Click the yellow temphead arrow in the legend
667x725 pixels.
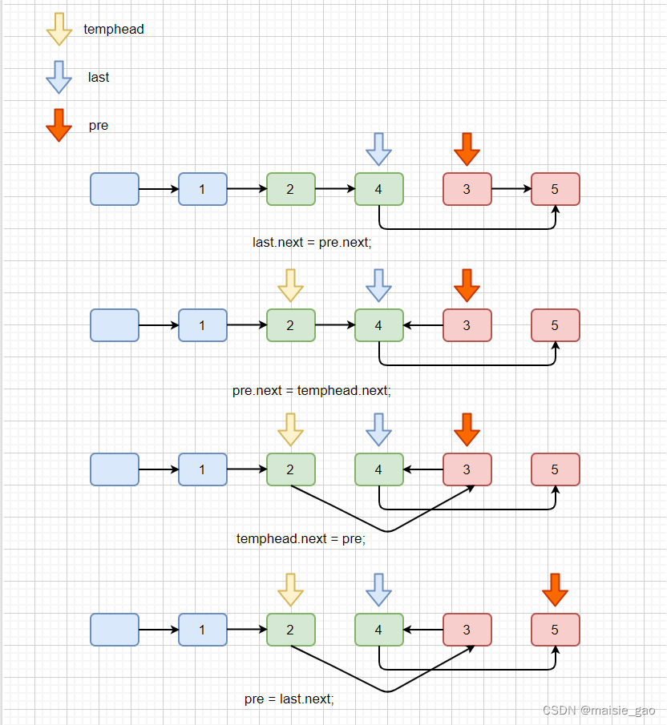pos(59,29)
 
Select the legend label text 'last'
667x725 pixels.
pos(99,78)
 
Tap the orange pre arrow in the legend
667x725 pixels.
pos(59,126)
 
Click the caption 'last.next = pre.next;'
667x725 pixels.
pos(312,242)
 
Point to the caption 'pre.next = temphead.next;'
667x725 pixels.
pos(311,391)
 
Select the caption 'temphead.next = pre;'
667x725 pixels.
pos(301,538)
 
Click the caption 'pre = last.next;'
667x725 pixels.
pos(289,699)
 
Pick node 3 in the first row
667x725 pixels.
pos(467,189)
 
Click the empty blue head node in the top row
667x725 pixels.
pos(115,189)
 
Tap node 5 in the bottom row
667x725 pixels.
pos(555,630)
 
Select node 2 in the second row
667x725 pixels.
pos(290,325)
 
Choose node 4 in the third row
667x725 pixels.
pos(378,469)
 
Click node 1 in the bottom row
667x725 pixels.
pos(202,630)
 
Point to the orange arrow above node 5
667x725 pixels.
pos(555,590)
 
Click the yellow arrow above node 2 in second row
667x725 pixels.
pos(290,284)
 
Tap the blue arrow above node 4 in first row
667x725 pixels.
pos(378,149)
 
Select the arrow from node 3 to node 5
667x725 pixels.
pos(511,190)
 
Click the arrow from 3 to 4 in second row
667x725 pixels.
pos(423,325)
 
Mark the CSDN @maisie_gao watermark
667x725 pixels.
pos(599,711)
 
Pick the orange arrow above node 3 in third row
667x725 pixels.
pos(467,429)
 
